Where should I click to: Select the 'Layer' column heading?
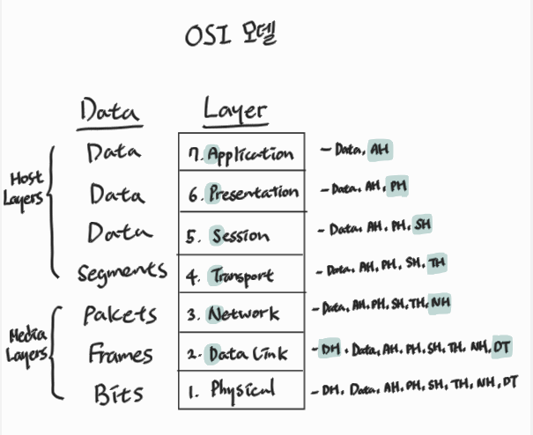click(x=234, y=111)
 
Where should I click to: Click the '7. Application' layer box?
click(x=241, y=153)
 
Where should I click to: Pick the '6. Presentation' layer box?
click(x=241, y=193)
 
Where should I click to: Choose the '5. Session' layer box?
click(x=241, y=235)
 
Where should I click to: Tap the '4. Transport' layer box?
click(x=241, y=276)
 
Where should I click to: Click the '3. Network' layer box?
click(x=241, y=313)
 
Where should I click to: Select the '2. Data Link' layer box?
click(x=241, y=353)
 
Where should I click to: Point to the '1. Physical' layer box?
click(x=241, y=388)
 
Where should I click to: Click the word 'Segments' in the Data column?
click(x=121, y=272)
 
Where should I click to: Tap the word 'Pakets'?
click(x=120, y=314)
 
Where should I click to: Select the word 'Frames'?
click(x=120, y=355)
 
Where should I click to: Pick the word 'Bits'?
click(x=119, y=393)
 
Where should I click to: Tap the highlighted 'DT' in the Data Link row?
click(x=502, y=348)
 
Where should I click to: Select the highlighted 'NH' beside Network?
click(x=440, y=305)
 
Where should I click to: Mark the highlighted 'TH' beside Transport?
click(x=436, y=263)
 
